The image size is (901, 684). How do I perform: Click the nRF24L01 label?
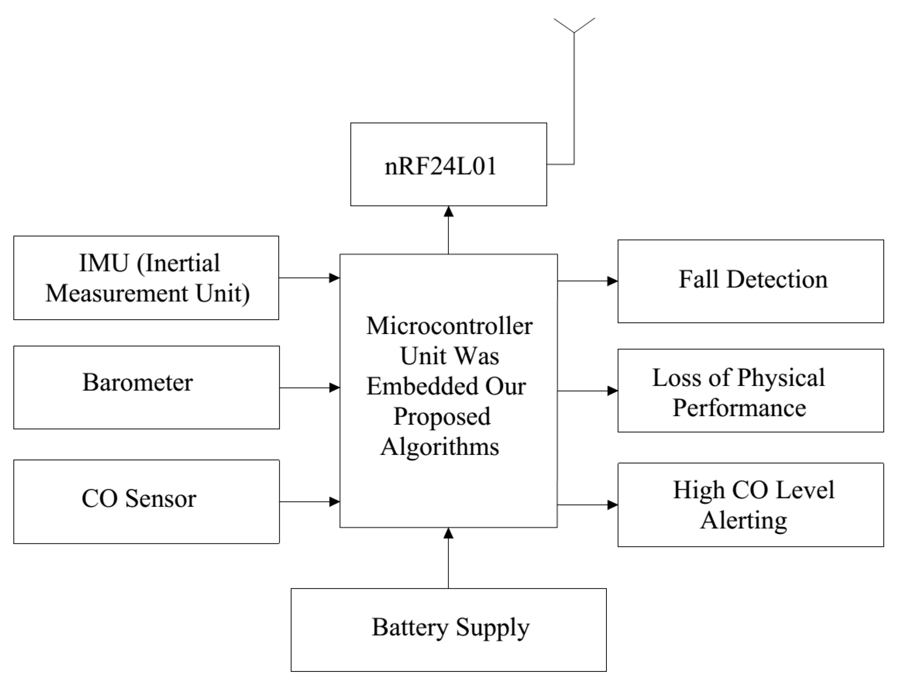441,166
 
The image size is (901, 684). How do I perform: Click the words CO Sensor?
139,498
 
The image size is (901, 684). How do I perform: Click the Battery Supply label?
450,627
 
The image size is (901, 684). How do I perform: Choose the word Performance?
739,408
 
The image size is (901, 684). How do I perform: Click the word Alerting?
744,520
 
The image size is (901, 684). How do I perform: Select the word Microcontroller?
449,326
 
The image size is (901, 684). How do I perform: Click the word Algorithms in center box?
440,447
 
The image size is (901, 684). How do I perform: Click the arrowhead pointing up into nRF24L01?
449,212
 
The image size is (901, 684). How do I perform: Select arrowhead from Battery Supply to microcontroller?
449,533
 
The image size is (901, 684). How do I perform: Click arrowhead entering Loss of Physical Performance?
613,391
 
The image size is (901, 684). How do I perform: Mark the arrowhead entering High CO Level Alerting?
613,505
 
